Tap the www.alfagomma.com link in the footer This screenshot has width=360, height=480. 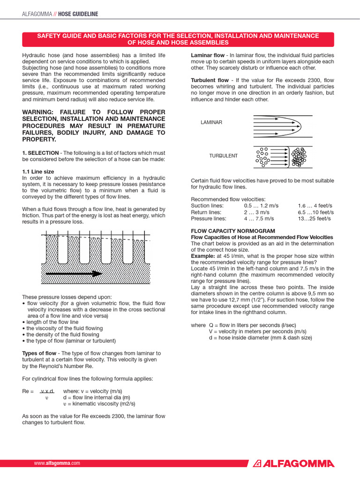(57, 463)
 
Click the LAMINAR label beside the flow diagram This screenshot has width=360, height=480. (211, 122)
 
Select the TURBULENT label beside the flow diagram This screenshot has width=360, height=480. (223, 156)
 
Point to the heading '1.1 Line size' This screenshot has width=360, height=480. (38, 172)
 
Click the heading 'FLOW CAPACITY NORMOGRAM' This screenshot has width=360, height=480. (233, 231)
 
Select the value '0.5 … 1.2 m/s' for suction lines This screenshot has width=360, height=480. (261, 206)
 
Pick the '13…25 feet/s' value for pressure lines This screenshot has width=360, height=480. (314, 218)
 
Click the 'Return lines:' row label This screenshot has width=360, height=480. (206, 212)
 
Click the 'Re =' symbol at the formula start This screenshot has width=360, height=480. (28, 391)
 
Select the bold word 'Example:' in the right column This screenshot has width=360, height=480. (203, 256)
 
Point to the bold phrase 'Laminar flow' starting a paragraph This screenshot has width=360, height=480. (208, 55)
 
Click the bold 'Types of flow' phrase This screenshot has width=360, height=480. (40, 353)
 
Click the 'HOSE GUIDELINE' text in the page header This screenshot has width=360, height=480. (78, 14)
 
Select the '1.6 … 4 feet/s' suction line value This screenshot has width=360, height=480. (315, 206)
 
